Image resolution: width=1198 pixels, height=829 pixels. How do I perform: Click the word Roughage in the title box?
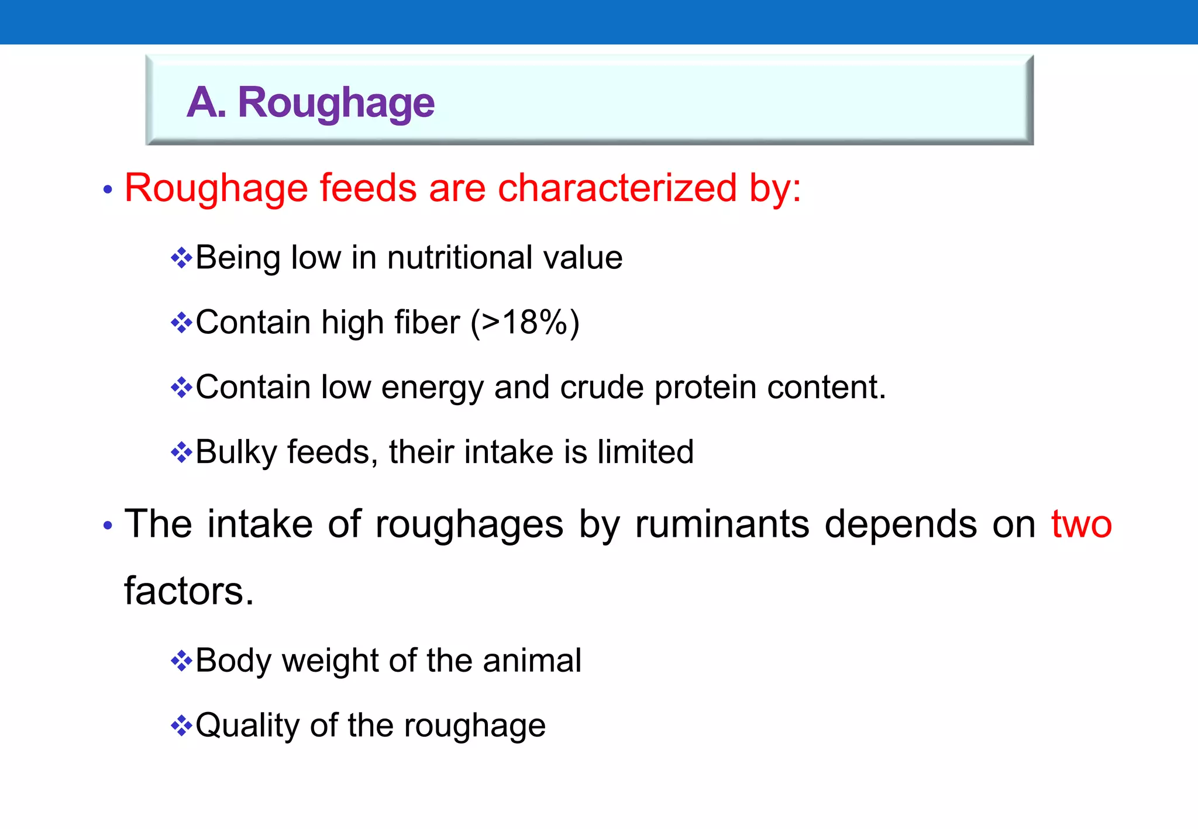(x=336, y=103)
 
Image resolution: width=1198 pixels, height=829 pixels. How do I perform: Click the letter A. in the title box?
(x=206, y=103)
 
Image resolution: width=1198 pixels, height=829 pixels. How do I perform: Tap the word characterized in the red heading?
(x=617, y=188)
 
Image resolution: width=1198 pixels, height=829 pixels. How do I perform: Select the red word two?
(x=1081, y=524)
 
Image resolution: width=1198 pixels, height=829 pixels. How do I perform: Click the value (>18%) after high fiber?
(x=525, y=322)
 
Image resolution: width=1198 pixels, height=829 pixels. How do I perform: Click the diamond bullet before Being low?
(x=181, y=258)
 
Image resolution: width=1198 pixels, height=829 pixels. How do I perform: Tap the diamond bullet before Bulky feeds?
(x=181, y=453)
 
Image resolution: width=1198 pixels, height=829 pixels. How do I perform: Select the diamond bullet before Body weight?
(x=181, y=661)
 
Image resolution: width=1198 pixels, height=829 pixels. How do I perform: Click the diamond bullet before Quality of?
(x=181, y=726)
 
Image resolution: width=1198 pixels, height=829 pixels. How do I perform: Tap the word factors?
(x=188, y=591)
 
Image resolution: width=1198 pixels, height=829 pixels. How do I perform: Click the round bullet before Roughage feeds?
(x=107, y=189)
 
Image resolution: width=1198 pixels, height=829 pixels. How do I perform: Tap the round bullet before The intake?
(x=107, y=526)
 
